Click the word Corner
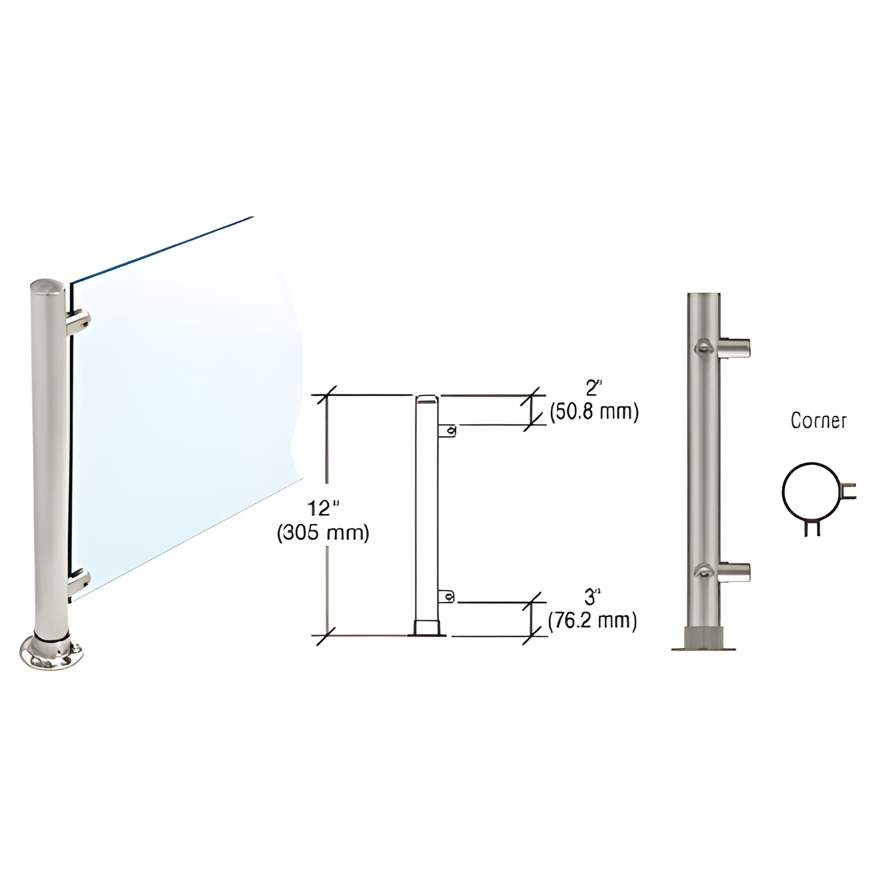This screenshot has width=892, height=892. click(819, 421)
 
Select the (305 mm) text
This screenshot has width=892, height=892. click(323, 533)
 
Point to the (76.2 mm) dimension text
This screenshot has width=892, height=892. click(592, 621)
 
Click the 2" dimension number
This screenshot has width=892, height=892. click(592, 389)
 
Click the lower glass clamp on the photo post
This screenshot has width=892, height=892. click(78, 583)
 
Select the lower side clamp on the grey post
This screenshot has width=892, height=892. click(734, 573)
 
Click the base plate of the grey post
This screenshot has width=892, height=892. click(703, 648)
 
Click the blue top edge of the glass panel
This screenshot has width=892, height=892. click(162, 249)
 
